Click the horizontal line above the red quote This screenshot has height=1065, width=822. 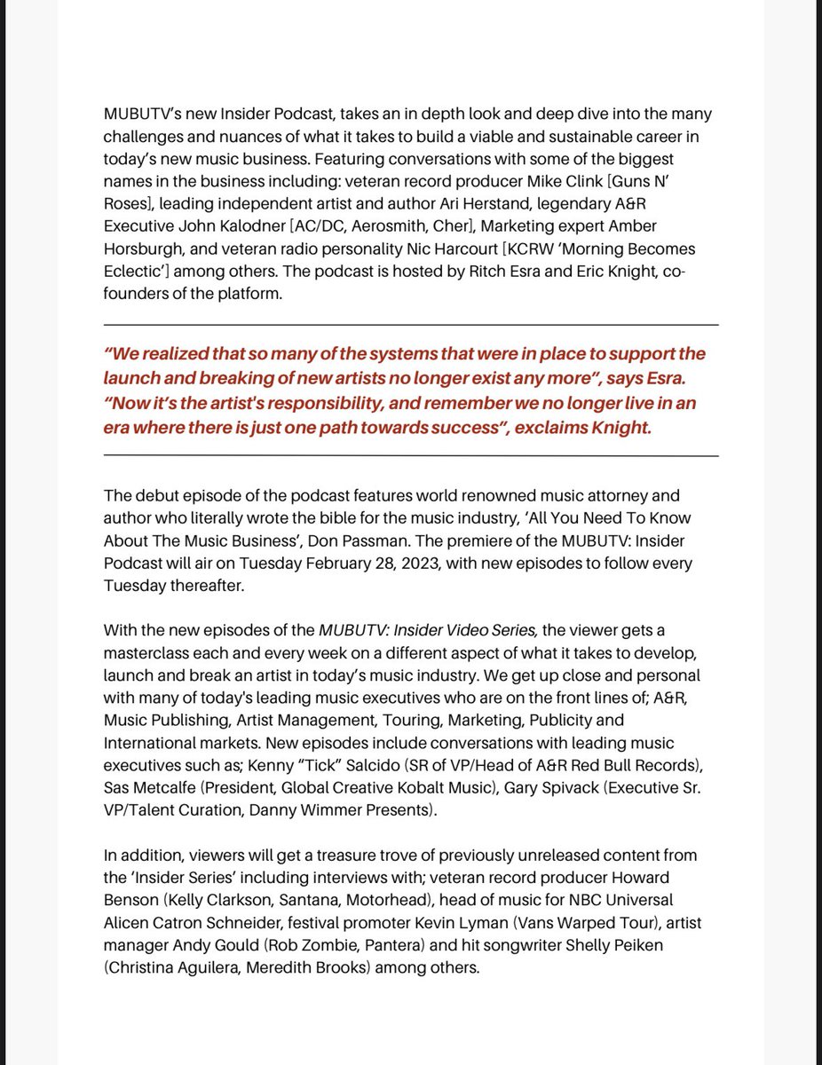(411, 325)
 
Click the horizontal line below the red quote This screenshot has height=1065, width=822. (411, 455)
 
